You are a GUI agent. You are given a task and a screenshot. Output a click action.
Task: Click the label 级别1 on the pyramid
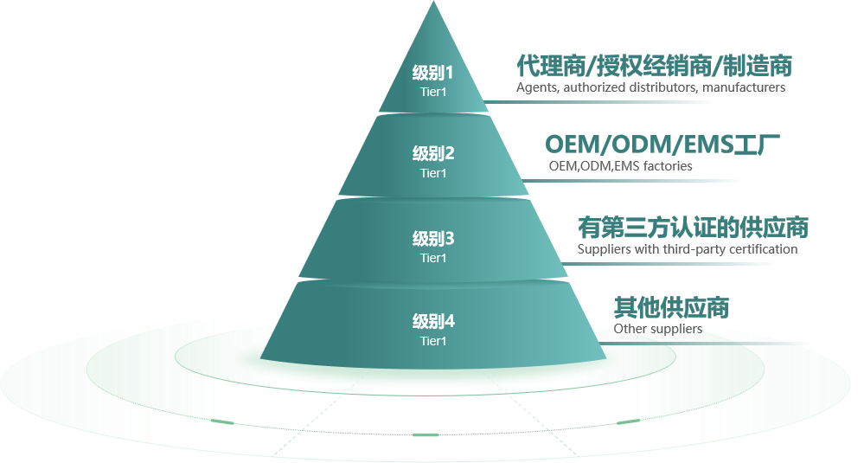tap(433, 72)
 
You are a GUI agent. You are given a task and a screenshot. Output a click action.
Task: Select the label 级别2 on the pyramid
tap(433, 154)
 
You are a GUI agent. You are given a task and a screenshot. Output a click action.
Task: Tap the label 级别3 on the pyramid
tap(433, 239)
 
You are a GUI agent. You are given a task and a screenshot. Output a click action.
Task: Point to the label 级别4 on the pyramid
tap(433, 322)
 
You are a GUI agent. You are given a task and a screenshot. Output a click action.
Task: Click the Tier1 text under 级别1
tap(433, 90)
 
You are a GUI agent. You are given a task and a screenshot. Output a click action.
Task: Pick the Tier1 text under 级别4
tap(433, 341)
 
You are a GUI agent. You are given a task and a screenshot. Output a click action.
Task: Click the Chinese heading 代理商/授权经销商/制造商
tap(654, 65)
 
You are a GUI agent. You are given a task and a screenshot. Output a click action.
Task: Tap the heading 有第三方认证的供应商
tap(693, 228)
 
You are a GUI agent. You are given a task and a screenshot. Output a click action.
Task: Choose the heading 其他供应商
tap(671, 307)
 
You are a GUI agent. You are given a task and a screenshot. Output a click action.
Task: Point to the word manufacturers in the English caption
tap(744, 87)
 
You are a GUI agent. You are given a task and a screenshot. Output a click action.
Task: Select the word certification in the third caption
tap(763, 249)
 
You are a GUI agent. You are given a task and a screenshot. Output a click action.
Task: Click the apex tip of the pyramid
tap(432, 4)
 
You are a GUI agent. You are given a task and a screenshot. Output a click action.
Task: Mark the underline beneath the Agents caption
tap(605, 101)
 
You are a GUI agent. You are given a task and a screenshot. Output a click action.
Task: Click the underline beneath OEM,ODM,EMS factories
tap(636, 181)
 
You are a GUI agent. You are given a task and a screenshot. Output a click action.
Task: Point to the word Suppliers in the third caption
tap(604, 249)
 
